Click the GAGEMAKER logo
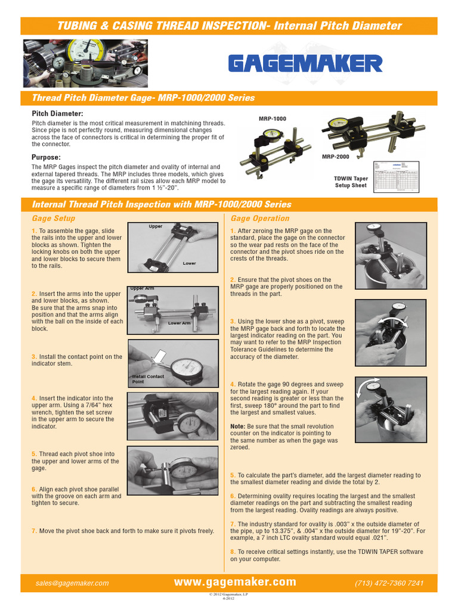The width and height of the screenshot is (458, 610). point(306,63)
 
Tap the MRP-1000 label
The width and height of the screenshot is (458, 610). point(272,119)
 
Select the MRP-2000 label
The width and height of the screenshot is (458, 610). point(335,157)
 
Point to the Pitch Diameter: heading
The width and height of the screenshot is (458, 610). point(57,113)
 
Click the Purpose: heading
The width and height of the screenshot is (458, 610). point(46,157)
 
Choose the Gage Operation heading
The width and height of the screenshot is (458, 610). point(259,219)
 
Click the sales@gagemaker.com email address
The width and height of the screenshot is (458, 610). point(72,583)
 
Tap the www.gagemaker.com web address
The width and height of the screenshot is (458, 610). point(235,582)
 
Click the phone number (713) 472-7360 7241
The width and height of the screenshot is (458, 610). point(389,583)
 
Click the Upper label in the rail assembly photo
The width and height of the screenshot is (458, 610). point(156,227)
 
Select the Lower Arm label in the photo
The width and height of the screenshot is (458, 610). point(180,323)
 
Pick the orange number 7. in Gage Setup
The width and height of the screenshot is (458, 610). point(35,531)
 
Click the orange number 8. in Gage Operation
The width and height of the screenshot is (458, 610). point(233,552)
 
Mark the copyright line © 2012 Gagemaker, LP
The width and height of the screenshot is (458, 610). point(229,595)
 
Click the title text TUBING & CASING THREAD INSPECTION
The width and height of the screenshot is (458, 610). point(163,26)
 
